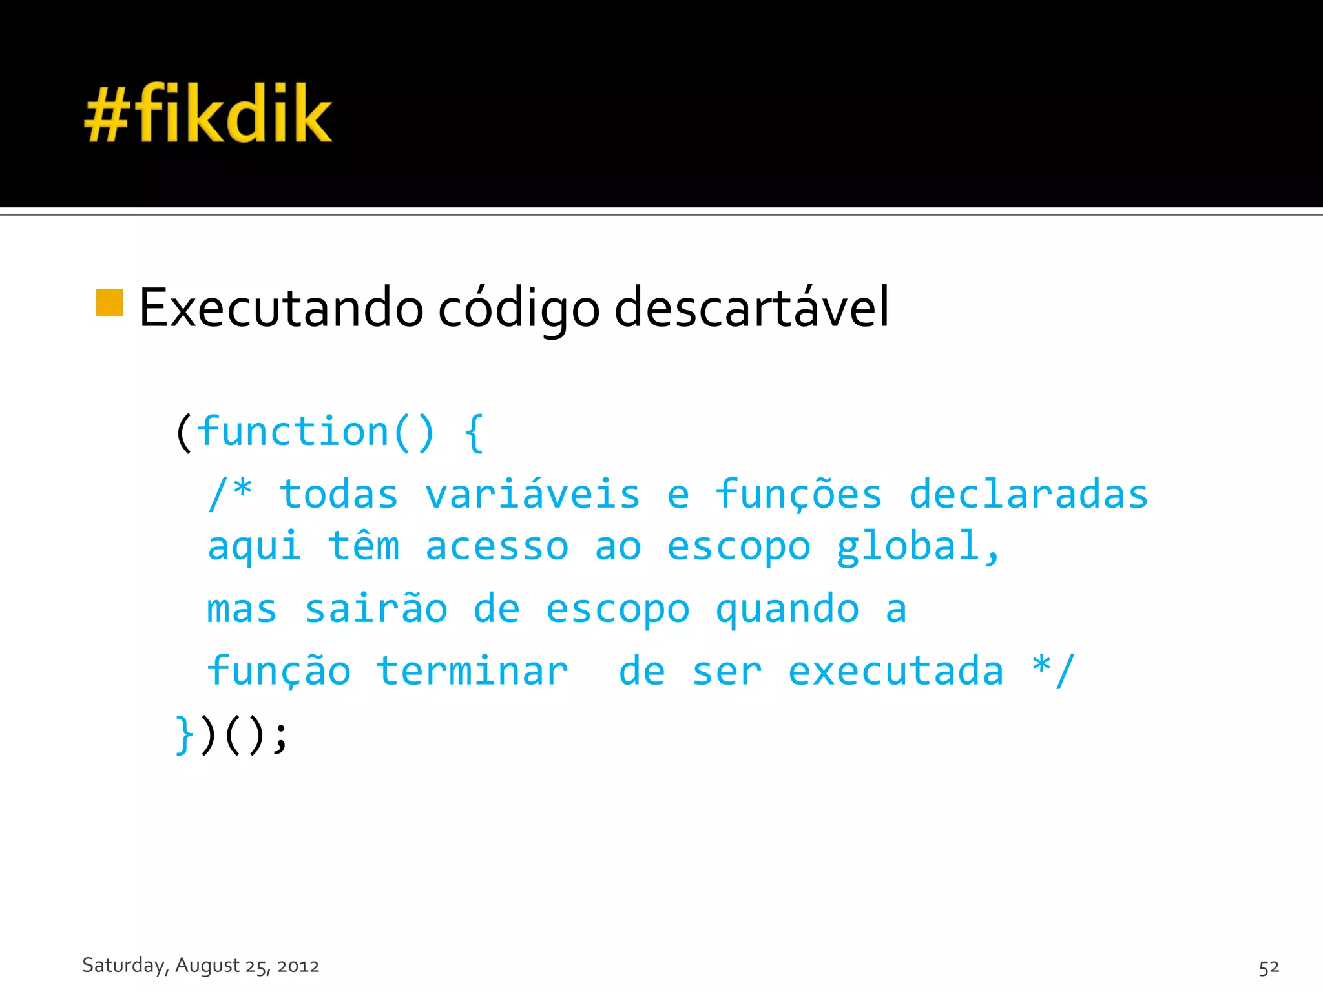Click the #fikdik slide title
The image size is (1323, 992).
point(208,113)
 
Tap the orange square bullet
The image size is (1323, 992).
point(109,303)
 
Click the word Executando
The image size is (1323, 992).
point(281,308)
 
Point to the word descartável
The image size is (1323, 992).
point(751,308)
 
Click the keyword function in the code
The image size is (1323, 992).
point(293,431)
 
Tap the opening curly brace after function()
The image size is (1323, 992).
point(474,433)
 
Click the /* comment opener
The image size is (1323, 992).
point(230,494)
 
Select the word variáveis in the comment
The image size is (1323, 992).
point(532,494)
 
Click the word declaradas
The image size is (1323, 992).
point(1028,494)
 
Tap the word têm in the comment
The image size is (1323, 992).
point(364,546)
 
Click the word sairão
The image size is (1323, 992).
point(376,608)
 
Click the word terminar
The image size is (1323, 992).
point(472,670)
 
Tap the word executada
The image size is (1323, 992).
point(896,670)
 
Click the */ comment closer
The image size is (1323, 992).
point(1053,670)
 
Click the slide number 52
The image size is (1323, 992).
point(1269,967)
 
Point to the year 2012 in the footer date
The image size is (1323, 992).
point(298,966)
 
